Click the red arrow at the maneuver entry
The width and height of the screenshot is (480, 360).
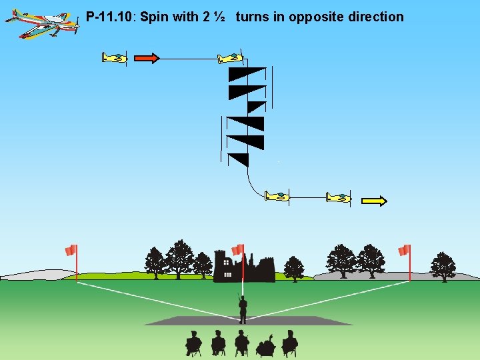point(147,58)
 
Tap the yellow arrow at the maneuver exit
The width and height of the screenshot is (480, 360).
point(374,200)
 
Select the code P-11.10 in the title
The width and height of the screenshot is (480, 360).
point(110,17)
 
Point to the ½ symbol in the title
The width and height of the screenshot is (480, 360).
point(220,17)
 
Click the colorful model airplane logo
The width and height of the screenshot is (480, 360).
point(41,22)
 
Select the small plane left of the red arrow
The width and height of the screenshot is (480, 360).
point(115,58)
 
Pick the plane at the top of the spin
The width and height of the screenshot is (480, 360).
point(230,59)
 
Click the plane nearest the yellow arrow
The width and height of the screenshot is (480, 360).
point(339,197)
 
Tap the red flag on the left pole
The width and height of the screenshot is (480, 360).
point(71,251)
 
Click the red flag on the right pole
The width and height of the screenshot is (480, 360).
point(403,251)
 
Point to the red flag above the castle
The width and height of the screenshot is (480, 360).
point(237,250)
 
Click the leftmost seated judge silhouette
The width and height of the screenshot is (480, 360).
point(193,343)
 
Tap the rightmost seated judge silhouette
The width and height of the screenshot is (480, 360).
point(289,343)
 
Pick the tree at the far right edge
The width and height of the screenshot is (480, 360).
point(443,266)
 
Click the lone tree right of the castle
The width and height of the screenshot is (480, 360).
point(293,268)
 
